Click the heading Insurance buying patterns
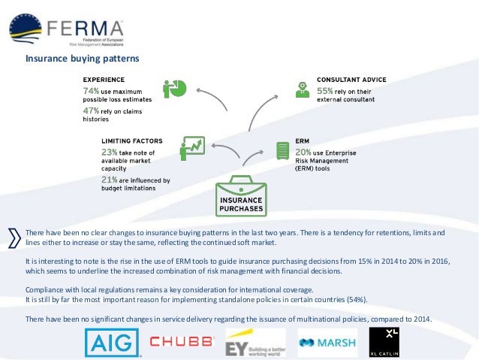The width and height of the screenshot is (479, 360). coord(83,57)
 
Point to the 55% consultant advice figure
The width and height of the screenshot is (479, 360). coord(325,90)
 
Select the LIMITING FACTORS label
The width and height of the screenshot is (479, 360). coord(131,140)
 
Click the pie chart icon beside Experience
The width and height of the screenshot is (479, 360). coord(175,87)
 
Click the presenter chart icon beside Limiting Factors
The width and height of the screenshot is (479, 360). coord(192,148)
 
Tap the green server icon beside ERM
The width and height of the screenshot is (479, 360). coord(283,150)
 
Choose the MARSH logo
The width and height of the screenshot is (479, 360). coord(326,343)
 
